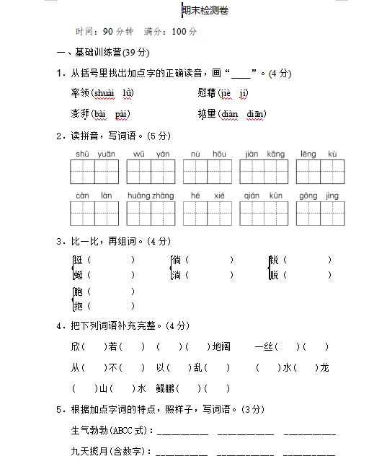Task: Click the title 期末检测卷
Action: coord(205,12)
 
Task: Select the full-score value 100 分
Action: coord(185,32)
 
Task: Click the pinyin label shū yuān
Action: coord(94,154)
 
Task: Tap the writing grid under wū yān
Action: coord(151,172)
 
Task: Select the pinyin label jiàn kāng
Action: coord(264,154)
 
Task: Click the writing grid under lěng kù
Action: coord(319,172)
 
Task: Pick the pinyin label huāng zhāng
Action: coord(151,196)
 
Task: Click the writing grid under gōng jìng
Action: coord(319,214)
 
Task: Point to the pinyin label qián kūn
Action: coord(263,196)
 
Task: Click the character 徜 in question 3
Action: coord(177,260)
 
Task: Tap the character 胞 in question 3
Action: coord(77,292)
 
